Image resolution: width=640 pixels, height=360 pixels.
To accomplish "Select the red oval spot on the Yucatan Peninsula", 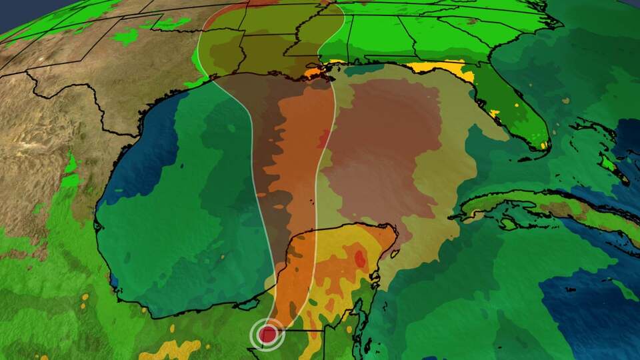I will [360, 258].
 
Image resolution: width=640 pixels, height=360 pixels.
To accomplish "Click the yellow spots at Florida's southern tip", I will [543, 145].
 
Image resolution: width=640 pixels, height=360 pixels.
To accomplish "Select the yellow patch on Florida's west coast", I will [495, 113].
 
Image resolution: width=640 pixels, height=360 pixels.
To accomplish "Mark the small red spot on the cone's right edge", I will [325, 140].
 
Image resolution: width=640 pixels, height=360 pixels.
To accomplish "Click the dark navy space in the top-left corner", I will [13, 10].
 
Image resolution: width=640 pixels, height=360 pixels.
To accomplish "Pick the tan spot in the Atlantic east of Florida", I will [565, 101].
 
